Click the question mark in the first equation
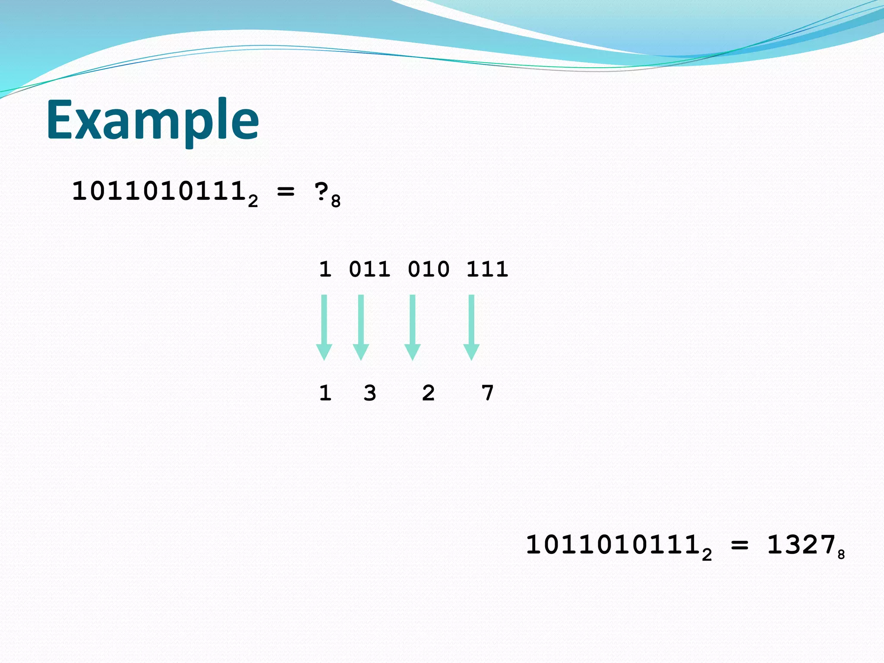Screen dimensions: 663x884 [x=322, y=192]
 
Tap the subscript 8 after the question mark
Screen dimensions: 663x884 [x=336, y=202]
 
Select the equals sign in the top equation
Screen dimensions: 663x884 [x=285, y=191]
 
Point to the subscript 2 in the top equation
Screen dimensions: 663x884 [x=253, y=202]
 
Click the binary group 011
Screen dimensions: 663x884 [x=369, y=269]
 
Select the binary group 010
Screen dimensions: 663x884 [x=428, y=269]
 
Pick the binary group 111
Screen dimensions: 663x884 [x=487, y=269]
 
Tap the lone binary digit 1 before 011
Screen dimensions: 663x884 [x=325, y=269]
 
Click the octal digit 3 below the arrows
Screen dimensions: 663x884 [x=369, y=393]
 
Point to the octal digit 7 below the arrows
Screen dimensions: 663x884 [x=487, y=393]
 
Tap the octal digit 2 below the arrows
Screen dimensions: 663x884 [x=428, y=393]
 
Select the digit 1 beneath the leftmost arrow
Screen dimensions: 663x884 [x=325, y=393]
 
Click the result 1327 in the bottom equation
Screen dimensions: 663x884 [x=801, y=545]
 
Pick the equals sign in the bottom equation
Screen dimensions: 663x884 [x=739, y=545]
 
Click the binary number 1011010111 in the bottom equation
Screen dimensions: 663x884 [x=613, y=545]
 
